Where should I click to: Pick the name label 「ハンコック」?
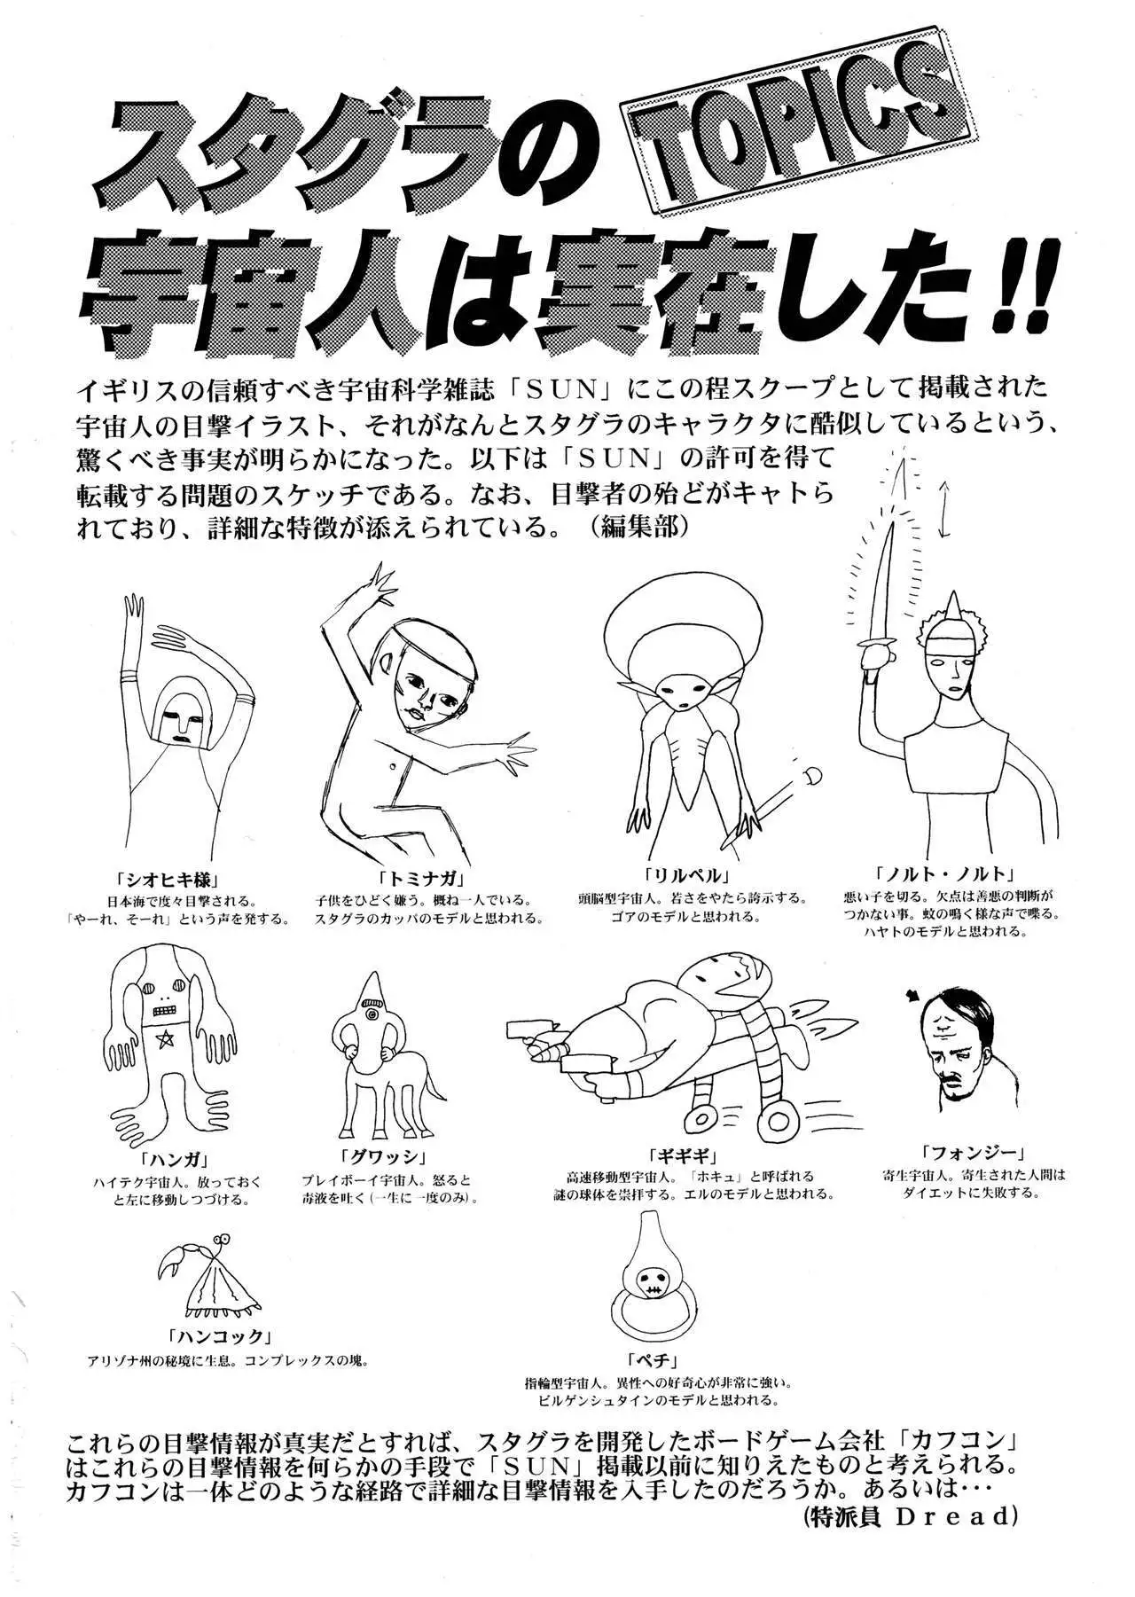pos(217,1336)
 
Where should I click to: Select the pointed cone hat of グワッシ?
pos(371,989)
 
